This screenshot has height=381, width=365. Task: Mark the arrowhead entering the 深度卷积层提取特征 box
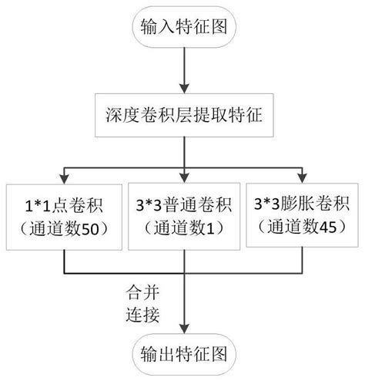[x=182, y=88]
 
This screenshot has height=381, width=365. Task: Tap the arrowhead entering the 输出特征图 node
[x=182, y=327]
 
